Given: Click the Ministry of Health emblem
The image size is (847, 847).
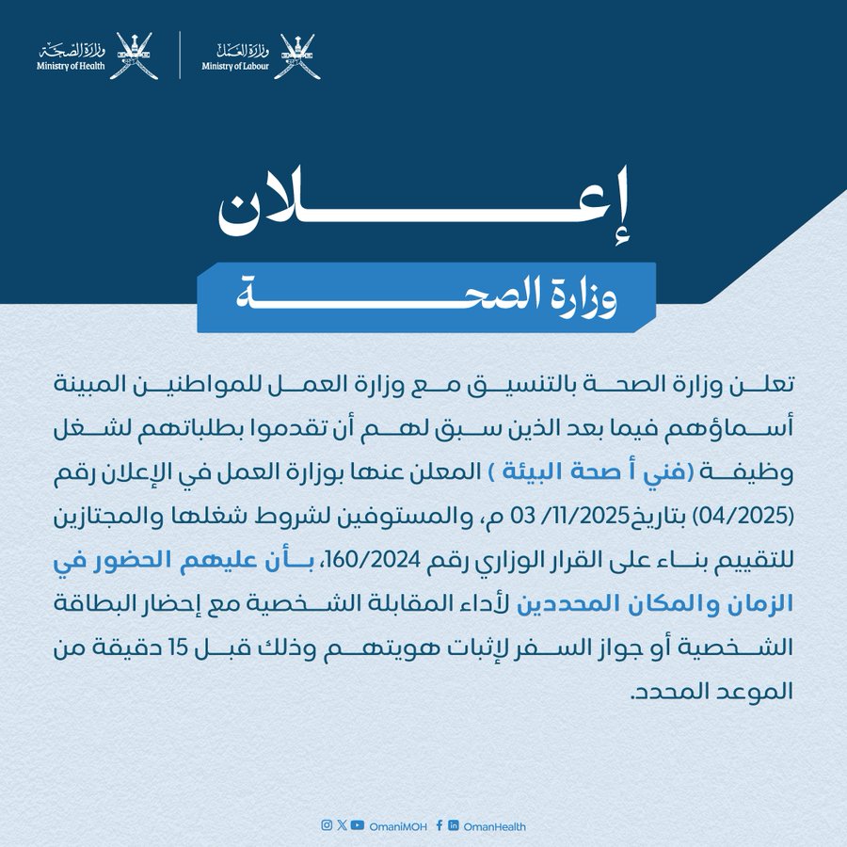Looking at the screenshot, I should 133,56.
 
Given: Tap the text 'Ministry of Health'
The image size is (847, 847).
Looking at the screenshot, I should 71,67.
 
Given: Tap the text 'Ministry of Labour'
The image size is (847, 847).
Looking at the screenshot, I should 235,67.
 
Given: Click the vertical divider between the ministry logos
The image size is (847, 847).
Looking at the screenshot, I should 180,56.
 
